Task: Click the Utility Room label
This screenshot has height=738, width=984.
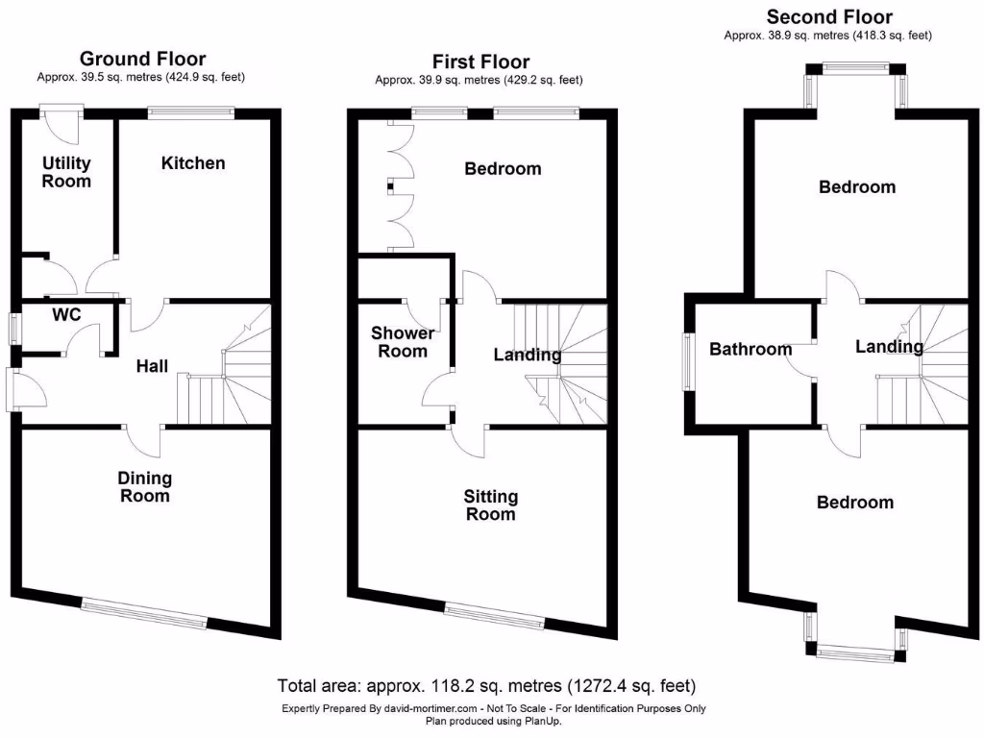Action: click(66, 172)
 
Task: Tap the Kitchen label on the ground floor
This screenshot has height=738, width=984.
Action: click(193, 163)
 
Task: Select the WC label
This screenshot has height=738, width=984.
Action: click(66, 314)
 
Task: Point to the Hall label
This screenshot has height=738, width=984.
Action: click(152, 366)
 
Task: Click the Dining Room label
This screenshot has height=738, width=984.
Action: click(144, 486)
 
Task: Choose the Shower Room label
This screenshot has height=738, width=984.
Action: click(403, 342)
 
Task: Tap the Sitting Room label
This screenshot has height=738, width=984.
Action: click(490, 504)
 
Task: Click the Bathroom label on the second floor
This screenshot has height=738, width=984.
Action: click(750, 349)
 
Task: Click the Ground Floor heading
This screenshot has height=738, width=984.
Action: click(142, 59)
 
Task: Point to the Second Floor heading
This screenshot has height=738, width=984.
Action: click(828, 17)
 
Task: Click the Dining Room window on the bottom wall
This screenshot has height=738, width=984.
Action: click(144, 612)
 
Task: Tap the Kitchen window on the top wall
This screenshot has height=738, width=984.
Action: click(191, 113)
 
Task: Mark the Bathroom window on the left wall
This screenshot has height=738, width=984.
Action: click(688, 361)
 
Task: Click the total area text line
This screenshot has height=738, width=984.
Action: click(486, 686)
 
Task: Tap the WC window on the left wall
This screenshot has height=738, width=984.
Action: click(14, 328)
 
